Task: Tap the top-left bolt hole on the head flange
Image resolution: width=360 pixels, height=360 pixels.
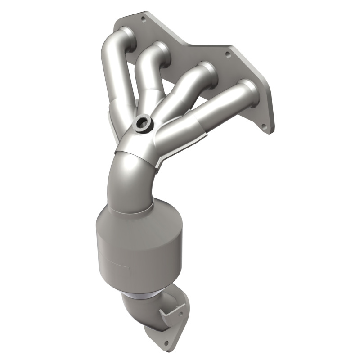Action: pos(144,19)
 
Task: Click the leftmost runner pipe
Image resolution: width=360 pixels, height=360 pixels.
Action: pos(112,76)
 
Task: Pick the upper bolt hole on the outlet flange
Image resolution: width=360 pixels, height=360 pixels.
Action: pos(181,310)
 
